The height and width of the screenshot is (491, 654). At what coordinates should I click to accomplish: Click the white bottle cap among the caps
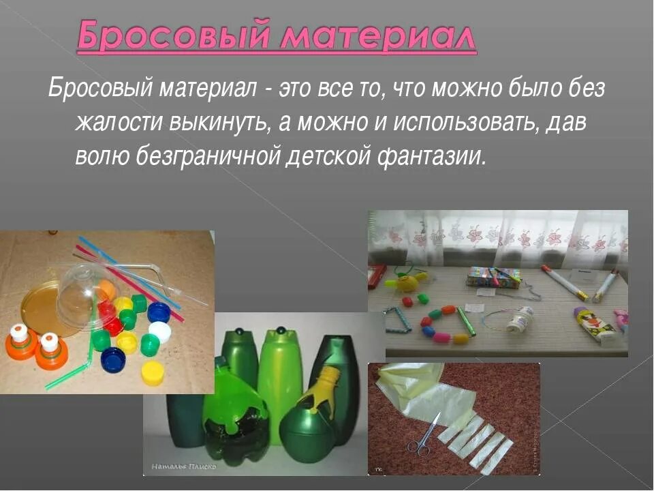[160, 332]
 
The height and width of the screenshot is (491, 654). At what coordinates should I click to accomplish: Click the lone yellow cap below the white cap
[153, 372]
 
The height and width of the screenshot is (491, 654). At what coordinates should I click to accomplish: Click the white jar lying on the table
[521, 318]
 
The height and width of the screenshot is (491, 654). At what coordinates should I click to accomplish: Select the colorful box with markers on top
[493, 276]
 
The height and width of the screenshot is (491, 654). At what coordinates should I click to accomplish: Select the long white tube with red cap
[565, 282]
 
